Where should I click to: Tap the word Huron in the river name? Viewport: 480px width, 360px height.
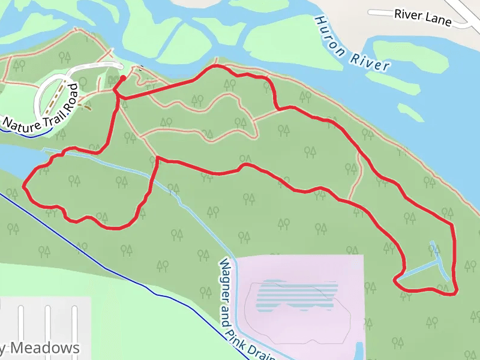[x=330, y=36]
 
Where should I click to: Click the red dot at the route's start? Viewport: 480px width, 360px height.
[x=122, y=78]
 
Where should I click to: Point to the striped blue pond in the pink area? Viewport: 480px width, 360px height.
[x=296, y=295]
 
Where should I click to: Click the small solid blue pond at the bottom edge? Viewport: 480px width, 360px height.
[x=359, y=350]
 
